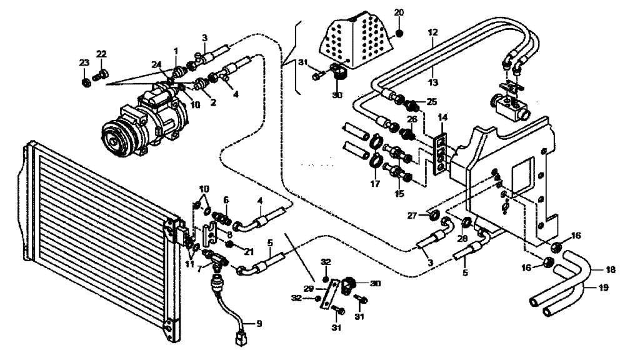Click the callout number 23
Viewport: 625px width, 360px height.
click(x=84, y=62)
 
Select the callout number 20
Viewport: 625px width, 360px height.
click(x=399, y=13)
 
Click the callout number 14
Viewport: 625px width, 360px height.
click(x=443, y=117)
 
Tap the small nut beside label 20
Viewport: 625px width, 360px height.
click(x=400, y=32)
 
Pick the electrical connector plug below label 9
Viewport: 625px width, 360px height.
click(x=239, y=341)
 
